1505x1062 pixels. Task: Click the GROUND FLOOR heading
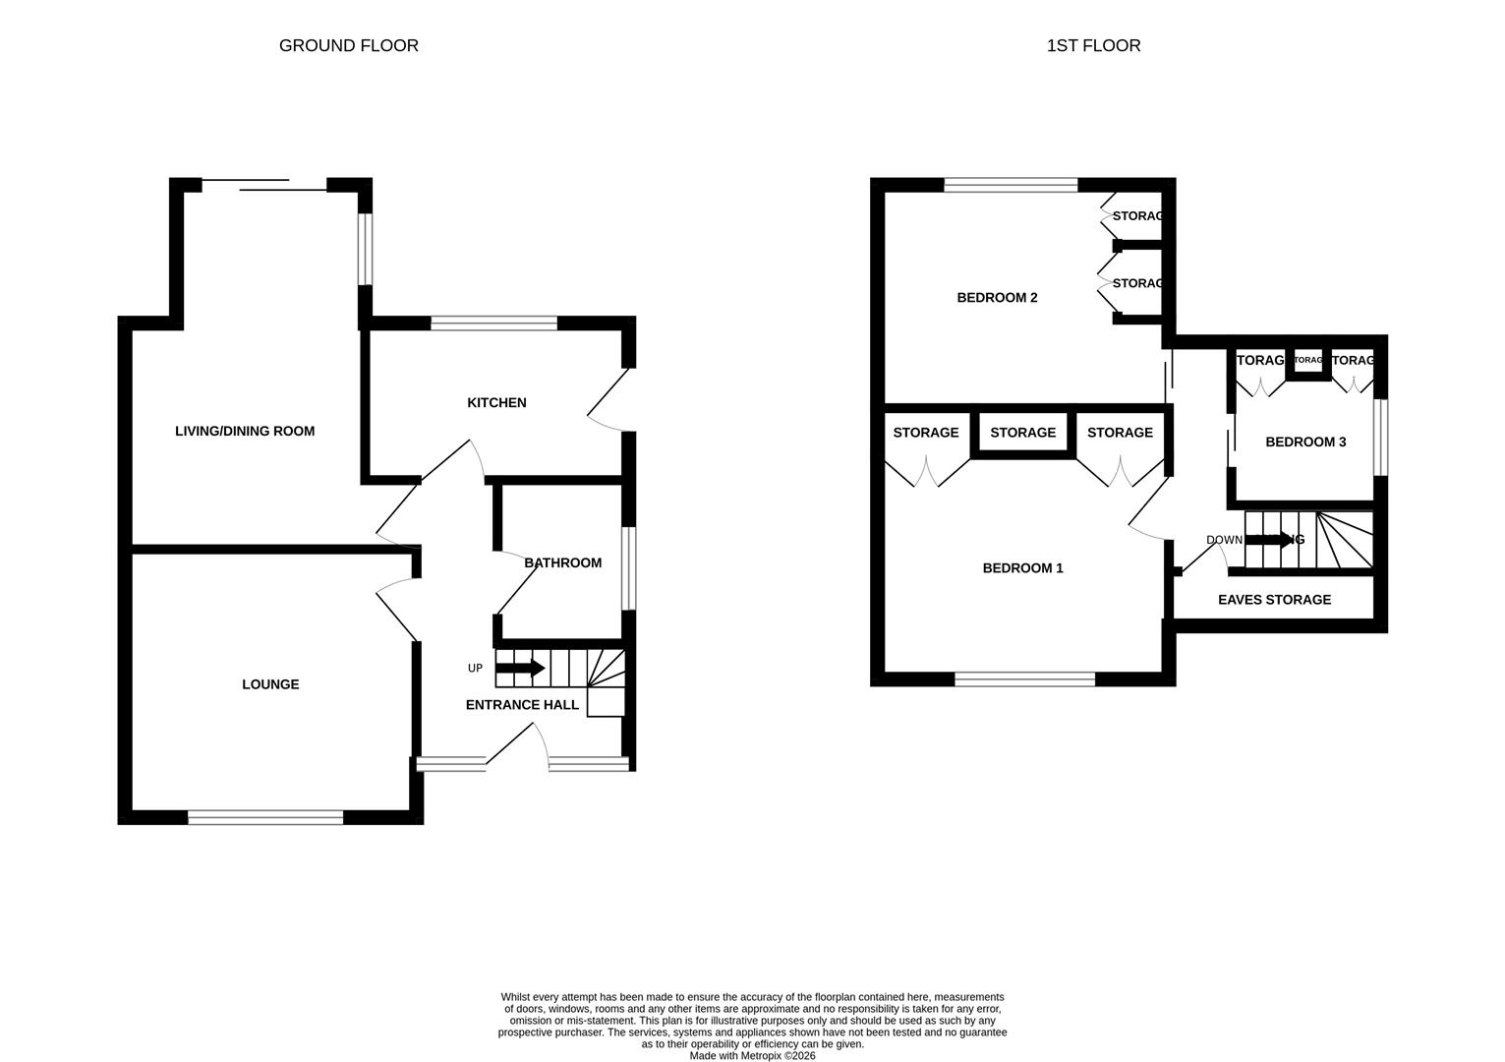[x=348, y=45]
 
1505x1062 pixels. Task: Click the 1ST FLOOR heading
[x=1093, y=45]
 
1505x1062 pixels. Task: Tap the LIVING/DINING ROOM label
[x=245, y=431]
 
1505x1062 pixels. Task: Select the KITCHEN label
[x=496, y=402]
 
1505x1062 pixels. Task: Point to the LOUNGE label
[x=270, y=684]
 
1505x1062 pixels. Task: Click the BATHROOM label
[x=562, y=562]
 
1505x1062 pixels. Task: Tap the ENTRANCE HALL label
[x=522, y=704]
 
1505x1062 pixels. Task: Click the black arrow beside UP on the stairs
[x=520, y=669]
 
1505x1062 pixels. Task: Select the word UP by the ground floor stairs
[x=475, y=669]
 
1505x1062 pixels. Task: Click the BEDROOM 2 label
[x=997, y=297]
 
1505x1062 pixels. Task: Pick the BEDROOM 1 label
[x=1022, y=567]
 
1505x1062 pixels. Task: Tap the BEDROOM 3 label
[x=1305, y=442]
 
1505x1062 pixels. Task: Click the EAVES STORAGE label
[x=1274, y=599]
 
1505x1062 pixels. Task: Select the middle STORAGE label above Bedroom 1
[x=1022, y=433]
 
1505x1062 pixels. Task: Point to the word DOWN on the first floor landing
[x=1224, y=540]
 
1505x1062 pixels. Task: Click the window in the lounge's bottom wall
[x=265, y=817]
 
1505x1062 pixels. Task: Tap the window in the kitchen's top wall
[x=494, y=323]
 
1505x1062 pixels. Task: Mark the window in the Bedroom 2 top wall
[x=1011, y=184]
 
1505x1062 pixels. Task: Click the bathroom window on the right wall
[x=628, y=568]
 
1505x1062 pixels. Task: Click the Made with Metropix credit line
[x=752, y=1055]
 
